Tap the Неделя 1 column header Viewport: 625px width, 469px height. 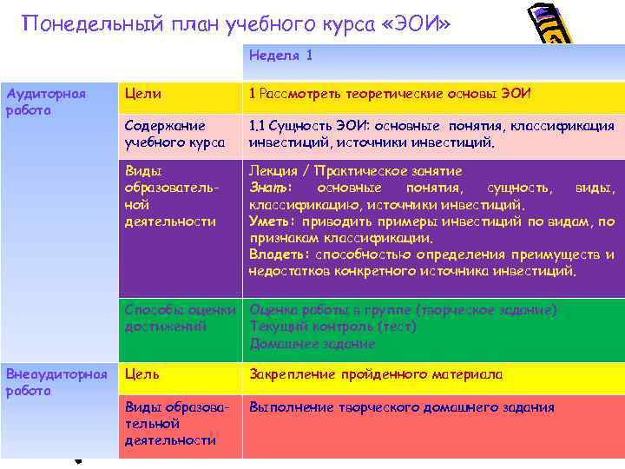[x=280, y=56]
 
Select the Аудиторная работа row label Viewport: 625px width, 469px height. [x=34, y=102]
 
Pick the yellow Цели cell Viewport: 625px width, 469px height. [x=143, y=94]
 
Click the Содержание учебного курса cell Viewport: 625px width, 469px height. [x=174, y=135]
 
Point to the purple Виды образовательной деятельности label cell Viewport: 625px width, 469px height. [x=170, y=195]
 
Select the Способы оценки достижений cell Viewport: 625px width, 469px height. [x=181, y=318]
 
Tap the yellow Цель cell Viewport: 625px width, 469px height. [x=142, y=374]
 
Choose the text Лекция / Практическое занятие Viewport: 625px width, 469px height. [x=355, y=171]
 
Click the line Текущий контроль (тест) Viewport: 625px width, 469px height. [x=332, y=327]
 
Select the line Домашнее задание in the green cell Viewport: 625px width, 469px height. [x=312, y=343]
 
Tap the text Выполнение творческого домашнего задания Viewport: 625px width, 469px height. [x=401, y=407]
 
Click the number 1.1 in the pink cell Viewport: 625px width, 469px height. [x=259, y=126]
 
